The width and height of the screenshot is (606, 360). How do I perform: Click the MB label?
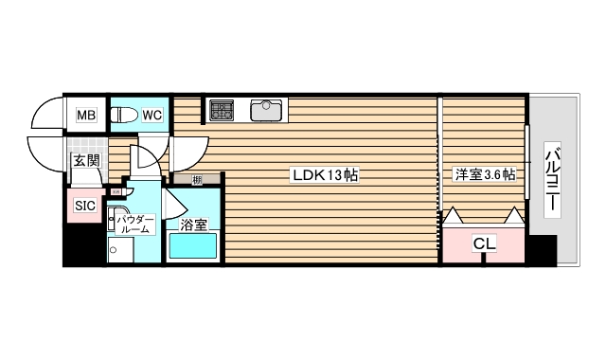86,116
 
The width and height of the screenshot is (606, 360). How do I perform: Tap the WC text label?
151,116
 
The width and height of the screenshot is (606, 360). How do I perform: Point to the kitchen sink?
268,111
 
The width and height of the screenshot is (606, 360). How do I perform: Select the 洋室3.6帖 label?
485,174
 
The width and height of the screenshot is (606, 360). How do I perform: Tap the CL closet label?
484,244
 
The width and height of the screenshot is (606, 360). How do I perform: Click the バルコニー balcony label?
554,180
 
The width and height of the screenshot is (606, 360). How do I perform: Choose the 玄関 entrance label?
86,161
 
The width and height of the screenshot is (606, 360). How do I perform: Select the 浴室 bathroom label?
193,225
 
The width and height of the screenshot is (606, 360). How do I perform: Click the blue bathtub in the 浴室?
193,247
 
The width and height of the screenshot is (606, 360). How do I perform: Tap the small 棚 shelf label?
196,179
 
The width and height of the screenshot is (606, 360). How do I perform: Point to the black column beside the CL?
541,250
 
